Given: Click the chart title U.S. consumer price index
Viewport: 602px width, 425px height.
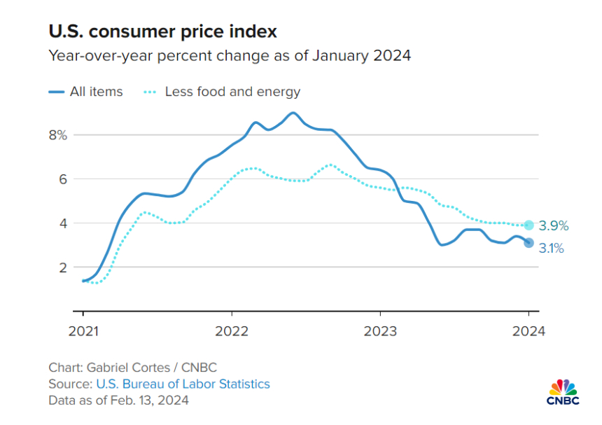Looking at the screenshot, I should coord(162,32).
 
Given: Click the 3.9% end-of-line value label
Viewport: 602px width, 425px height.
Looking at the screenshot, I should coord(554,226).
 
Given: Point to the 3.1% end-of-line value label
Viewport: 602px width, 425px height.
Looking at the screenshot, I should coord(552,248).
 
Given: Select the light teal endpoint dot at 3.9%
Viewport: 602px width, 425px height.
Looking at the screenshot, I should coord(529,225).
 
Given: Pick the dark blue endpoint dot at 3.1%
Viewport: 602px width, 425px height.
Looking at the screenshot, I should coord(529,243).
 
